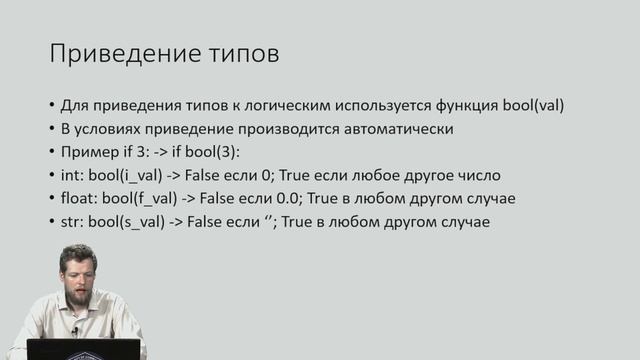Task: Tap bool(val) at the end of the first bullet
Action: (x=545, y=106)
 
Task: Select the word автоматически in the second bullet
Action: (x=405, y=129)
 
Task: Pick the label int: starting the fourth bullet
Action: (x=72, y=175)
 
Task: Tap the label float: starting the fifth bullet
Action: (x=79, y=198)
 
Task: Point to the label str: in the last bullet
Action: (x=73, y=221)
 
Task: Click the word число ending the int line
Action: (x=478, y=175)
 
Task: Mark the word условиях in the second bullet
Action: (x=111, y=129)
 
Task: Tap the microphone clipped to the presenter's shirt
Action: (x=74, y=331)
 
